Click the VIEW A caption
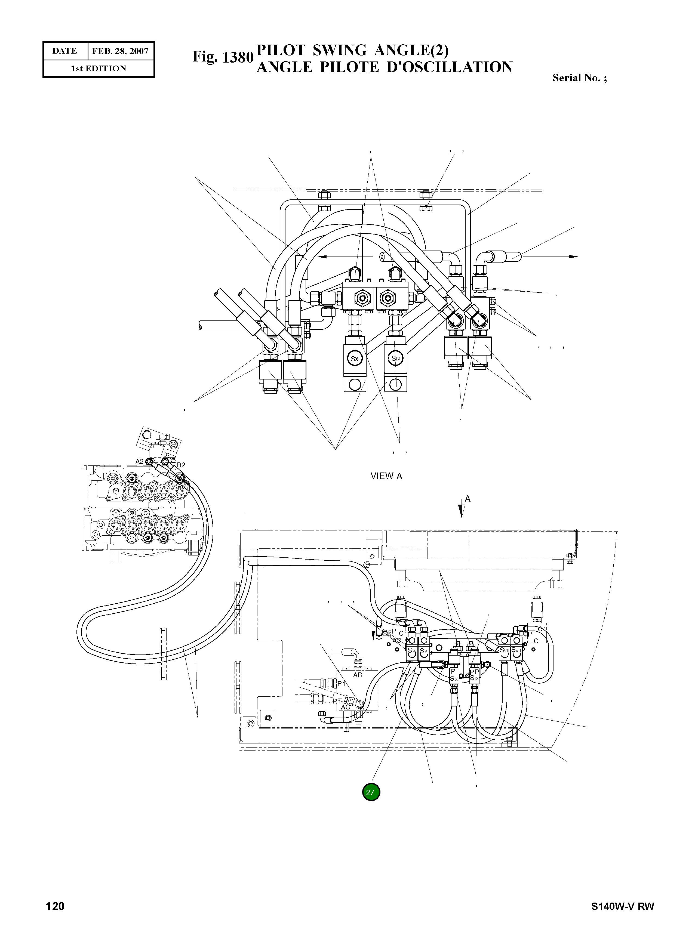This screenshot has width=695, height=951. point(386,476)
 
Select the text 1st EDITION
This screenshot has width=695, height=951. point(99,69)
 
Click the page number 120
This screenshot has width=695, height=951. point(55,918)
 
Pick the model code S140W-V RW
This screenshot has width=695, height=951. point(622,918)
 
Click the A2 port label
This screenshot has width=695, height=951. point(139,461)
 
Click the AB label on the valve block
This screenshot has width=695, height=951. point(357,675)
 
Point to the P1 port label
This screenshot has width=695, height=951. point(341,684)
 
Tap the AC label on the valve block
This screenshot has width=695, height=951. point(345,708)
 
